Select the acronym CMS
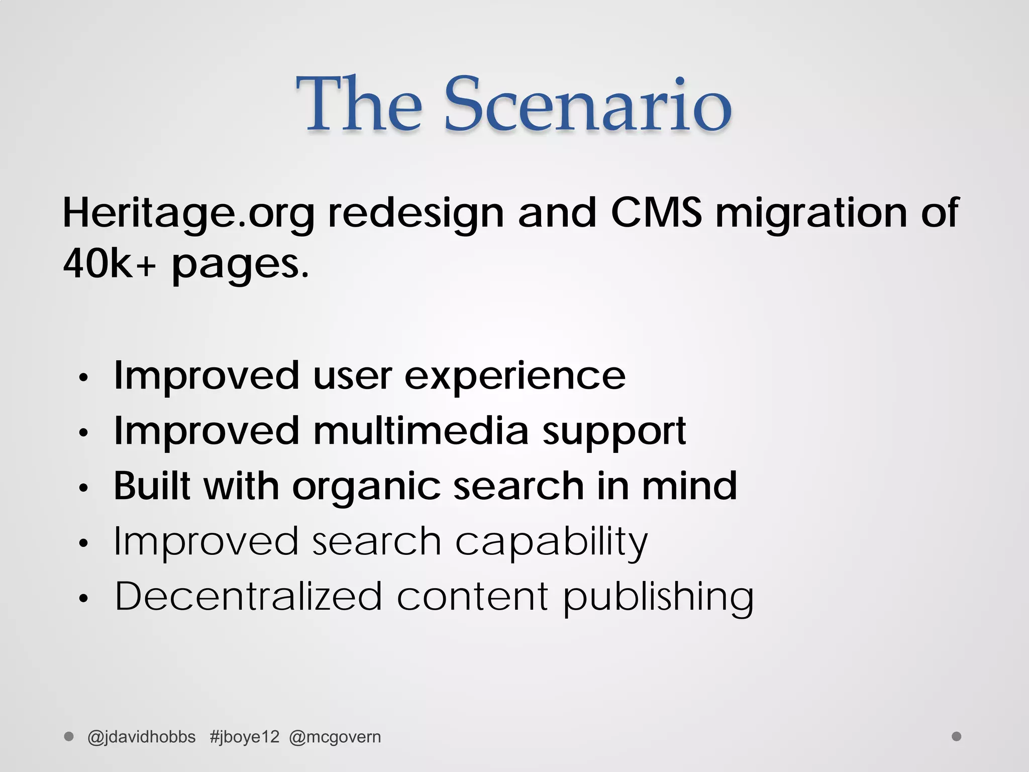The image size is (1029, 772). (656, 213)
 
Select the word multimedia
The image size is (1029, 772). (421, 431)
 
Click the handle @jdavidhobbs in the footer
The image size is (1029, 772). (141, 737)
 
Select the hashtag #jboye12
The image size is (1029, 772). (244, 737)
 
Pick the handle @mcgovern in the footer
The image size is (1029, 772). (335, 737)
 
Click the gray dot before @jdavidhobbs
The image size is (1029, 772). (69, 736)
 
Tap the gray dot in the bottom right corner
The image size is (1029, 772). (957, 736)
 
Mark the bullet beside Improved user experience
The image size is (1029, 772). (83, 378)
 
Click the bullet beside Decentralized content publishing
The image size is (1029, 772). (83, 598)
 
